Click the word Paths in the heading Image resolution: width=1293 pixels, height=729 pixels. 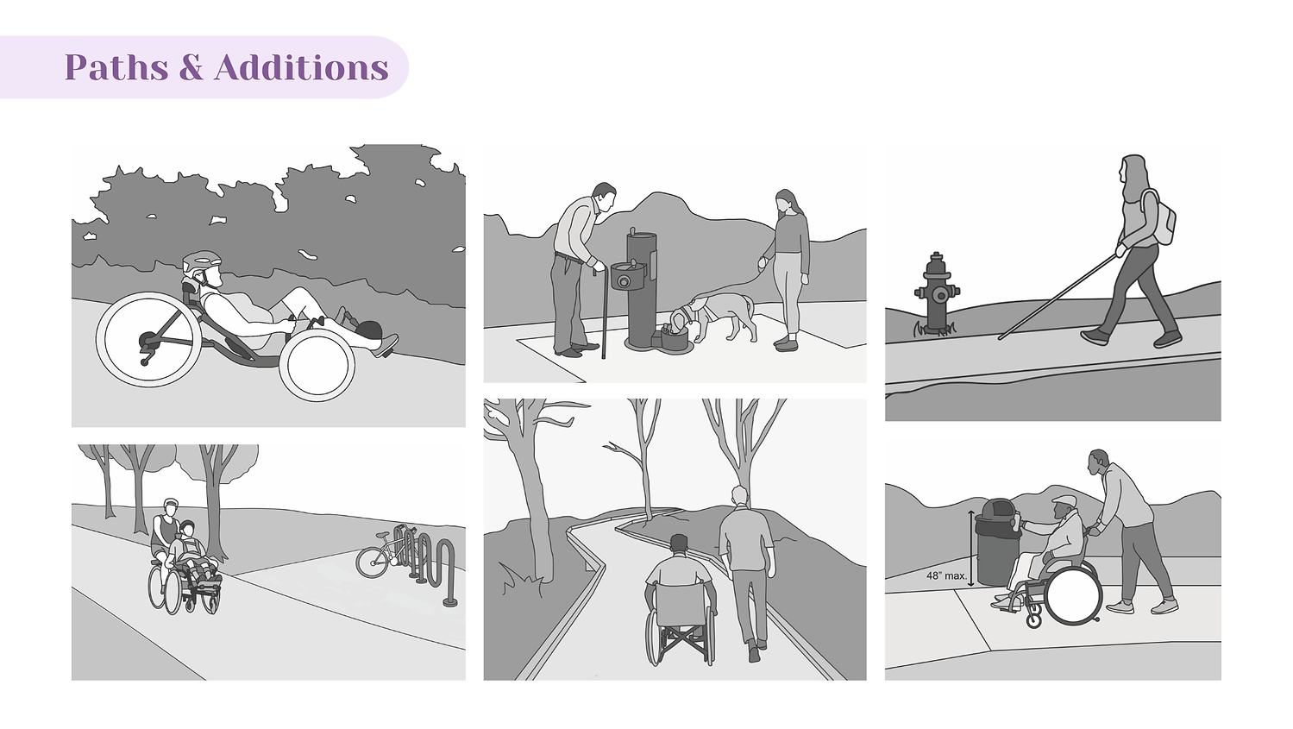pyautogui.click(x=116, y=67)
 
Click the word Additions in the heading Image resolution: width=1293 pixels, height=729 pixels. pyautogui.click(x=301, y=67)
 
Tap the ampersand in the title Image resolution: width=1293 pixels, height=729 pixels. pyautogui.click(x=191, y=67)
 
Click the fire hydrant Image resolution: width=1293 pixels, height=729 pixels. pyautogui.click(x=936, y=293)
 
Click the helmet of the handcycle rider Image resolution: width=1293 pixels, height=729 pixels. pyautogui.click(x=202, y=262)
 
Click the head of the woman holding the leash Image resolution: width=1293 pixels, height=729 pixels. pyautogui.click(x=786, y=201)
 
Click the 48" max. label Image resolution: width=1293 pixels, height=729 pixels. pyautogui.click(x=946, y=575)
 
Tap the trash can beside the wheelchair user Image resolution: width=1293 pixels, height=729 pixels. pyautogui.click(x=995, y=543)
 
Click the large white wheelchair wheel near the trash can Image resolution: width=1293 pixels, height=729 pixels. pyautogui.click(x=1073, y=594)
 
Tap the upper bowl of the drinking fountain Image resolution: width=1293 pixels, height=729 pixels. pyautogui.click(x=628, y=273)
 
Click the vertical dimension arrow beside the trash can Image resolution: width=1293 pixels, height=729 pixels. pyautogui.click(x=971, y=549)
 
